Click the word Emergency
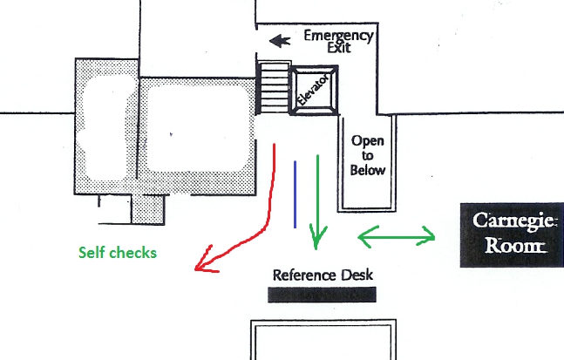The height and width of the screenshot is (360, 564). pyautogui.click(x=338, y=36)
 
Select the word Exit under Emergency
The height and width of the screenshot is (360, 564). pyautogui.click(x=339, y=48)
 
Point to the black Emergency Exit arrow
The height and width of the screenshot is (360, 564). pyautogui.click(x=280, y=40)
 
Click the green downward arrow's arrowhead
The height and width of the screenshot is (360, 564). pyautogui.click(x=318, y=234)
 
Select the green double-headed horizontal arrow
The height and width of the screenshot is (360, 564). pyautogui.click(x=397, y=234)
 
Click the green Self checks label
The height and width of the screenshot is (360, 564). pyautogui.click(x=118, y=253)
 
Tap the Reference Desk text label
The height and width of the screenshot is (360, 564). pyautogui.click(x=323, y=275)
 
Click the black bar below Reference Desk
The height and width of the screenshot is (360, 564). pyautogui.click(x=322, y=295)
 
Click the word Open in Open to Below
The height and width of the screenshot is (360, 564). pyautogui.click(x=367, y=140)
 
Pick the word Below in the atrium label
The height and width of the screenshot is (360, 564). pyautogui.click(x=367, y=170)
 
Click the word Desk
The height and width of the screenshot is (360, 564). pyautogui.click(x=357, y=275)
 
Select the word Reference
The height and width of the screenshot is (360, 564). pyautogui.click(x=304, y=275)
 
